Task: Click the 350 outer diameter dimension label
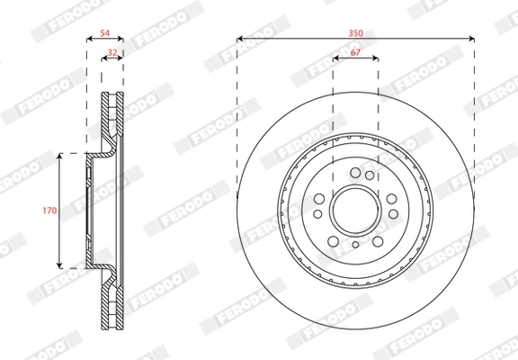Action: pyautogui.click(x=356, y=33)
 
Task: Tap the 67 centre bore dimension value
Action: pyautogui.click(x=355, y=52)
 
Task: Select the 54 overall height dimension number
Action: pyautogui.click(x=105, y=33)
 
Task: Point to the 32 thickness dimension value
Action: pyautogui.click(x=112, y=52)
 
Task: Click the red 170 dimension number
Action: pyautogui.click(x=49, y=211)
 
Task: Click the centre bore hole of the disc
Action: pyautogui.click(x=355, y=211)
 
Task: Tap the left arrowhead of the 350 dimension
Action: pyautogui.click(x=240, y=39)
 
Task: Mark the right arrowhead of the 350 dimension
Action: pyautogui.click(x=471, y=39)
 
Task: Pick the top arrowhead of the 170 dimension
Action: pyautogui.click(x=59, y=157)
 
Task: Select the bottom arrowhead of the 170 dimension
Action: pyautogui.click(x=59, y=265)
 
